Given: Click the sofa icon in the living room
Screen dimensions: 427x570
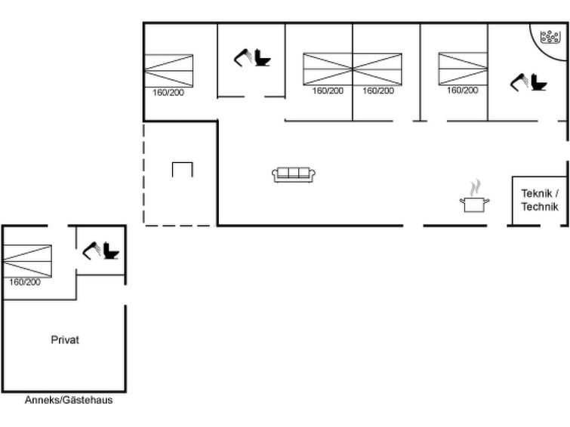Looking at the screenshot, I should (x=294, y=175).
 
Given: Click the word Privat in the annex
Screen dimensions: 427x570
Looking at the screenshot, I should (x=65, y=339).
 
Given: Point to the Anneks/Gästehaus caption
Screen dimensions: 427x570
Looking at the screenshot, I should (x=69, y=400).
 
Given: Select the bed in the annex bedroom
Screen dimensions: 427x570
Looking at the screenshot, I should (x=26, y=261).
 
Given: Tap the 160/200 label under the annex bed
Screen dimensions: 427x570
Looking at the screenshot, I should (x=25, y=282).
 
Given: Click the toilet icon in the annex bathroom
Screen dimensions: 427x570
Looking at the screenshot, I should (x=111, y=251).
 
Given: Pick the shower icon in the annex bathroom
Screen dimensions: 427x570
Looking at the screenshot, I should (x=92, y=249).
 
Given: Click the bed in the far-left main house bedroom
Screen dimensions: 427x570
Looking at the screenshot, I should (x=168, y=70).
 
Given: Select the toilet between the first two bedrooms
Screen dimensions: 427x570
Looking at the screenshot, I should (x=263, y=57).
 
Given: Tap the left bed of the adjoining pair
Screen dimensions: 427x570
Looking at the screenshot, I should (x=328, y=69).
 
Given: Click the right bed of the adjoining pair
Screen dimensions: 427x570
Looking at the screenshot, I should (x=377, y=69).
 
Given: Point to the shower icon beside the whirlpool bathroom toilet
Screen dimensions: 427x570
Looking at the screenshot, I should (x=519, y=80).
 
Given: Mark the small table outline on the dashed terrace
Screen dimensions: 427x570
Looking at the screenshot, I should (x=182, y=169).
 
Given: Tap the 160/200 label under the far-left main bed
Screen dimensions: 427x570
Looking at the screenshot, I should (x=168, y=92).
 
